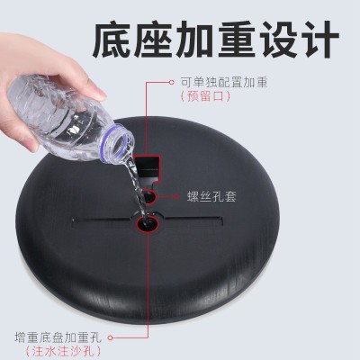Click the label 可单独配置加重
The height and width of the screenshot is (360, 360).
tap(224, 82)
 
